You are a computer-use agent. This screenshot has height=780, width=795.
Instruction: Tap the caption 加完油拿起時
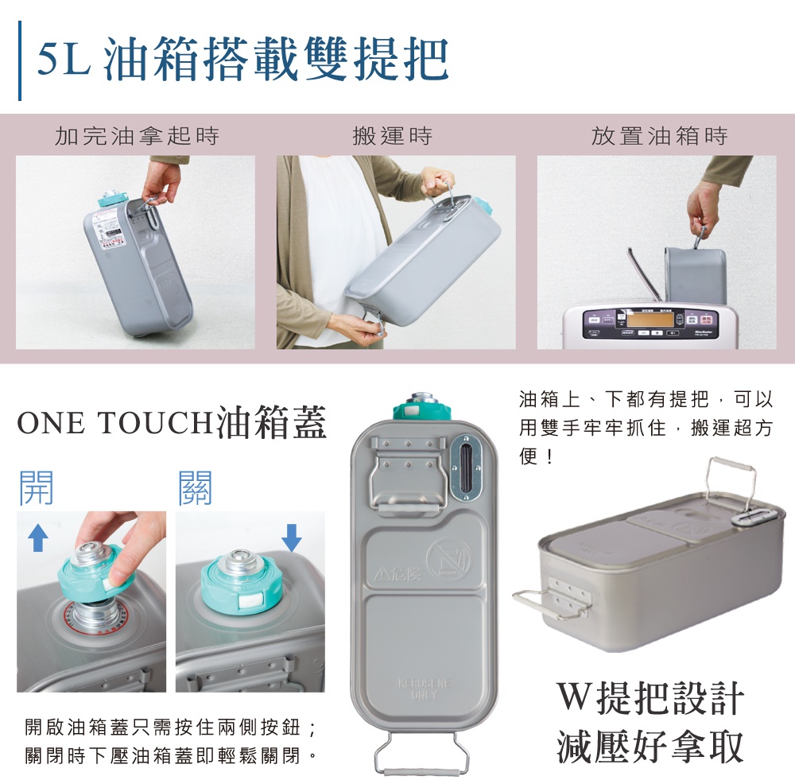click(x=136, y=136)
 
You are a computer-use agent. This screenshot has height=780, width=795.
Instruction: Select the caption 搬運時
click(x=393, y=136)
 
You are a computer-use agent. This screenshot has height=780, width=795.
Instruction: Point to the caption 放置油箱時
click(x=659, y=136)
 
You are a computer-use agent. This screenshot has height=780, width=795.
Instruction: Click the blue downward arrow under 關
click(x=292, y=537)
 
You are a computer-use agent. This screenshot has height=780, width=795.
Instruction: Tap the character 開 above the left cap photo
click(x=37, y=487)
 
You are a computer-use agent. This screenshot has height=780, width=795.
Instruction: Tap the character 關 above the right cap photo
click(x=196, y=487)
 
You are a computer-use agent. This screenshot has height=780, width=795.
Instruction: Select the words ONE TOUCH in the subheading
click(x=115, y=425)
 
